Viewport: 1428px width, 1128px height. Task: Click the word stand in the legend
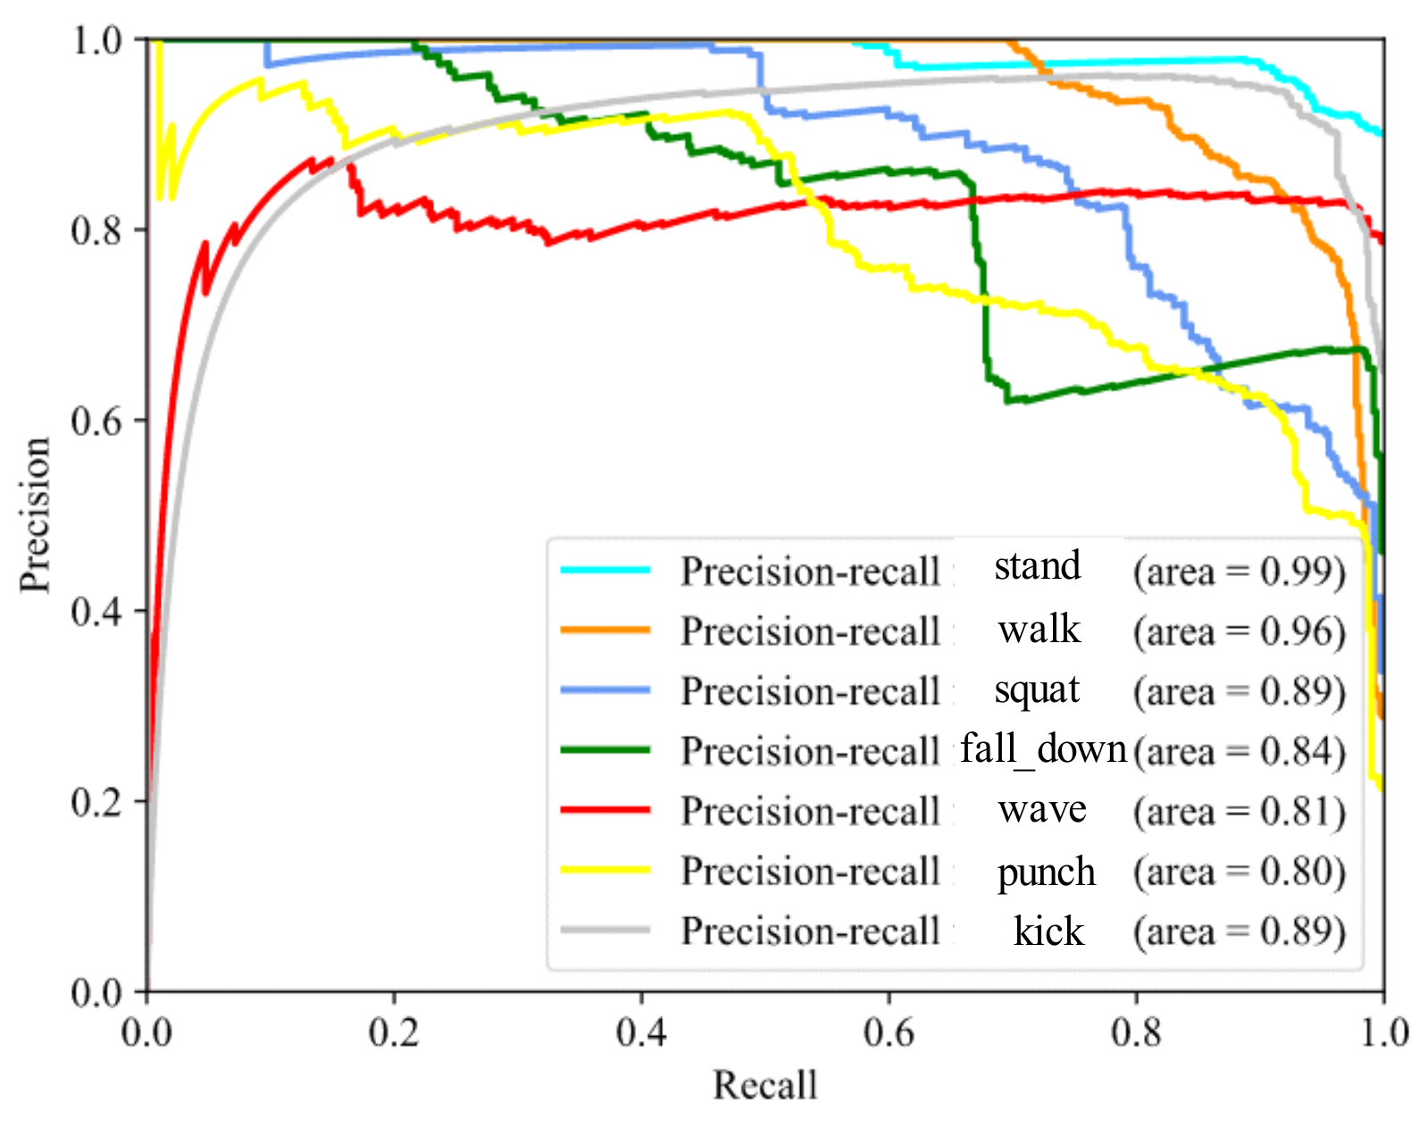(1037, 566)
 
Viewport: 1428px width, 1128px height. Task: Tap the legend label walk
(1039, 630)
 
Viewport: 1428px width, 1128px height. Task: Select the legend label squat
(1037, 689)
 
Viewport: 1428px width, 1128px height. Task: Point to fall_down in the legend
(1042, 748)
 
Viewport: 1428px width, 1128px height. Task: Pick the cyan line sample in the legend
(605, 570)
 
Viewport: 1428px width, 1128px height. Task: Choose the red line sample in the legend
(605, 809)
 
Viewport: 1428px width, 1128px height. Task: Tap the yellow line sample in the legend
(605, 870)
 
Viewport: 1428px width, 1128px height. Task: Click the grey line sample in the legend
(605, 930)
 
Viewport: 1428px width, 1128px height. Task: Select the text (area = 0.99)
(1239, 571)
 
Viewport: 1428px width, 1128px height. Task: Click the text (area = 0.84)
(1239, 750)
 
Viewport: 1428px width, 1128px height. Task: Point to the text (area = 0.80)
(1239, 871)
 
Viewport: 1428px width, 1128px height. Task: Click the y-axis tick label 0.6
(96, 421)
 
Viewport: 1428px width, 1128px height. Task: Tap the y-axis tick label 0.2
(96, 801)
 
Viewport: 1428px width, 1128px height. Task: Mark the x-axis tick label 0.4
(641, 1032)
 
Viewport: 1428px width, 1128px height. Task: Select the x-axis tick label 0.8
(1136, 1032)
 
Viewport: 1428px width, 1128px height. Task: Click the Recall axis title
(764, 1085)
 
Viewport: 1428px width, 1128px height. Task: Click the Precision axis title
(35, 514)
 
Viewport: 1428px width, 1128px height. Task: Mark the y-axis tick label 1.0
(96, 40)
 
